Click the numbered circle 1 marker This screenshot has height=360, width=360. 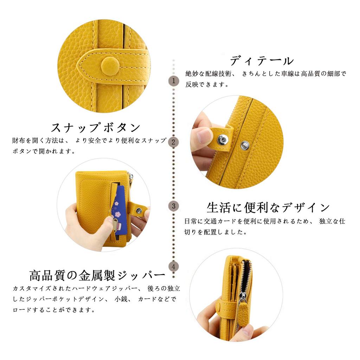coord(173,81)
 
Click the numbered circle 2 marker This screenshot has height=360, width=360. coord(173,142)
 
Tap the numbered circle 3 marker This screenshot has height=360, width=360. coord(173,206)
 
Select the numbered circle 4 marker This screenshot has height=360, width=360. coord(173,266)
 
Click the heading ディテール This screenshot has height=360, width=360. coord(262,61)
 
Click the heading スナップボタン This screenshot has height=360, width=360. coord(96,127)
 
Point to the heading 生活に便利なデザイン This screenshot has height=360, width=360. coord(268,207)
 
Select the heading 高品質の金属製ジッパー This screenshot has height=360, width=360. coord(97,275)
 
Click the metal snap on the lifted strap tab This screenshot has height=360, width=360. coord(222,140)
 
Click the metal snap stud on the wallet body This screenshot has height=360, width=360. coord(245,144)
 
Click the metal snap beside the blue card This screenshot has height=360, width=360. coord(139,210)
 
